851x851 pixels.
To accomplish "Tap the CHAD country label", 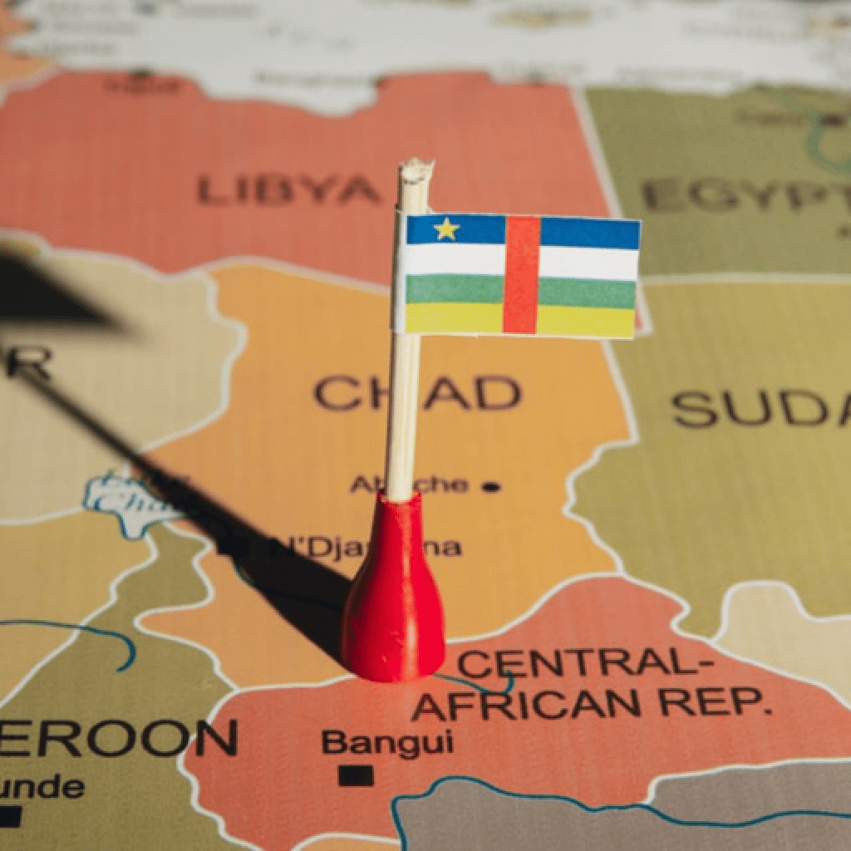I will (x=416, y=392).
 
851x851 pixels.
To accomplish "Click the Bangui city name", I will (x=387, y=741).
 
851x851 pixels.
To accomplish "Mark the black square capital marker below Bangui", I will (x=356, y=775).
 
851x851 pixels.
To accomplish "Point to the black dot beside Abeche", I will (x=492, y=487).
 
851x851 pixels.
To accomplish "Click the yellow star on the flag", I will (x=446, y=229).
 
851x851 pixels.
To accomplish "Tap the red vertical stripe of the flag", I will (x=521, y=274).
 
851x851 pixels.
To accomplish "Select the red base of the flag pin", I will (x=392, y=598).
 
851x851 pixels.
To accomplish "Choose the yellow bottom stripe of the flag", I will (x=582, y=321).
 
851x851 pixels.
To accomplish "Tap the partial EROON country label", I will (x=116, y=738).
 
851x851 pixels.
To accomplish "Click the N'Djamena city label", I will (x=374, y=547).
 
